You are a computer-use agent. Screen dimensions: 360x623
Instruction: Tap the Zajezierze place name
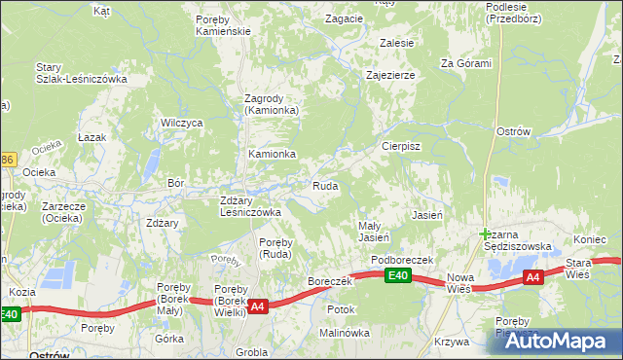coord(390,75)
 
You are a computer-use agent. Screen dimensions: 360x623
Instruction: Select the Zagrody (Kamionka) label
coord(271,104)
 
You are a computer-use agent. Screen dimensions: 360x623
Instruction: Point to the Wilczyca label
coord(182,123)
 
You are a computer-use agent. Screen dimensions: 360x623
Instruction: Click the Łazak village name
coord(92,138)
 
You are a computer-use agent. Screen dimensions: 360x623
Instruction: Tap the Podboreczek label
coord(402,260)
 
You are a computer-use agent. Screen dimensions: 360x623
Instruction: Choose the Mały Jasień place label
coord(375,231)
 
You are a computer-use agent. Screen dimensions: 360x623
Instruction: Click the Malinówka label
coord(346,332)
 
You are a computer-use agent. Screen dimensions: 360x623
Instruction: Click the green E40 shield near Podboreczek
coord(395,276)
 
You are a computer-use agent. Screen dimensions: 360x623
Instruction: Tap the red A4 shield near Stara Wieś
coord(531,277)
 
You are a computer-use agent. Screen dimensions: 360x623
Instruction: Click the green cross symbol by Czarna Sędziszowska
coord(486,234)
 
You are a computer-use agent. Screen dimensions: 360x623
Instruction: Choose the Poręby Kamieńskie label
coord(223,25)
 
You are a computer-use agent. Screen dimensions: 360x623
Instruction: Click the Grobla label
coord(251,352)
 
